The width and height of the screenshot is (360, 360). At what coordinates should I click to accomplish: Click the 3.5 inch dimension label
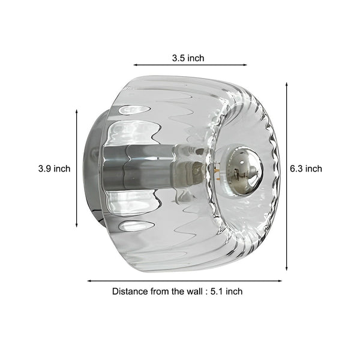(x=188, y=58)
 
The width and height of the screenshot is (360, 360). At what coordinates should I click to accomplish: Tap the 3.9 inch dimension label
(x=54, y=169)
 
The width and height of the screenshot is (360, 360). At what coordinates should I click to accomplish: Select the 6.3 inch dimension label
(x=305, y=169)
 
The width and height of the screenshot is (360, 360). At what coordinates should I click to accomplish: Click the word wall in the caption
(x=192, y=292)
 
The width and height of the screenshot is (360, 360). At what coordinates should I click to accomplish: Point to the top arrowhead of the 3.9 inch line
(x=77, y=112)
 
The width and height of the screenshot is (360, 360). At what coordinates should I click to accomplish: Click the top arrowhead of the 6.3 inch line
(x=287, y=85)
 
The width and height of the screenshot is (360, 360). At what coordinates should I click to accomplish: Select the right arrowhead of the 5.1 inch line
(x=280, y=280)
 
